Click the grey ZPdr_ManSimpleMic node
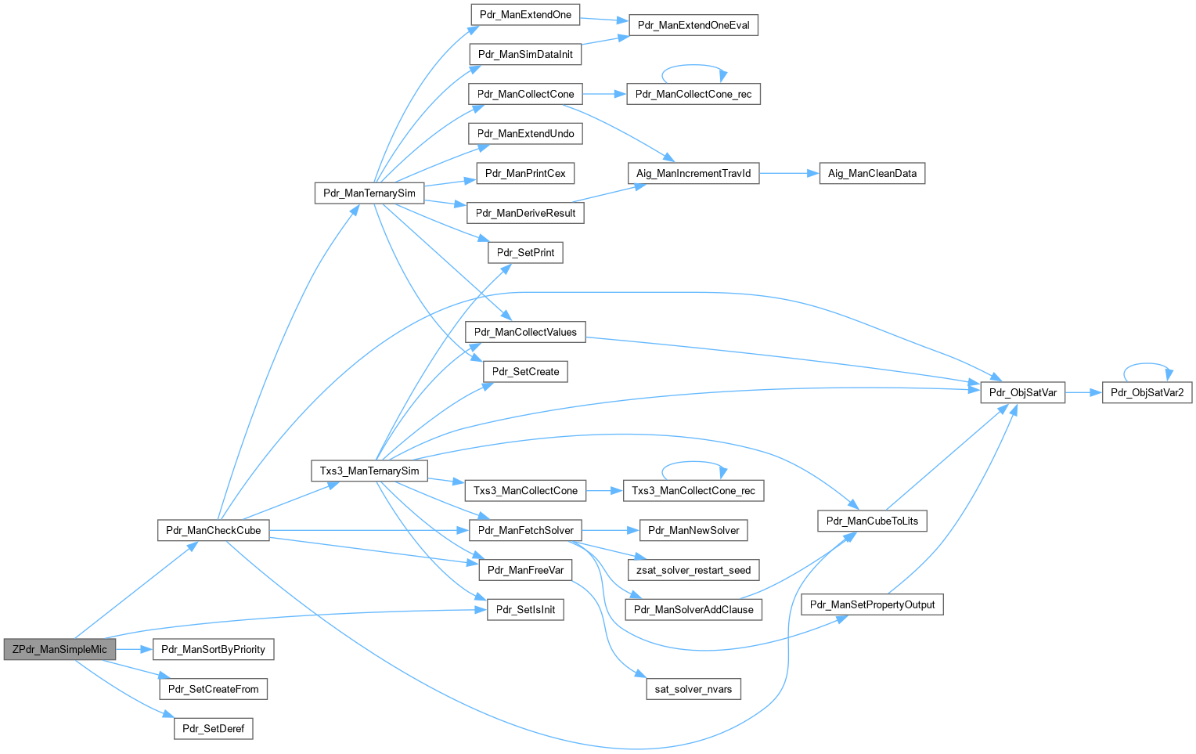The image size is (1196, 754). [59, 649]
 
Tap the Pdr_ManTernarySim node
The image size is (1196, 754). [369, 193]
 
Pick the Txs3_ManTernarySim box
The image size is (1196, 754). [369, 471]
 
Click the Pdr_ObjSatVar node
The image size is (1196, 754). [1022, 392]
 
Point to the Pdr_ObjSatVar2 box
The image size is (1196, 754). [1147, 392]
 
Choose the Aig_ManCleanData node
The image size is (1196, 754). [872, 173]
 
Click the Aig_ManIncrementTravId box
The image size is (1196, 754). [693, 173]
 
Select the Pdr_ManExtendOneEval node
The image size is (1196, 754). [693, 25]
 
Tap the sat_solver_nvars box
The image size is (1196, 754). [693, 689]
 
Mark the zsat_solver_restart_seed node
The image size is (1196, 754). [693, 570]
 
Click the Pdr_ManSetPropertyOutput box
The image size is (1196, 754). [872, 604]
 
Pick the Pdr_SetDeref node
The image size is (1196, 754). [213, 728]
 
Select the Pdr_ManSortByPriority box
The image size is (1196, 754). [213, 649]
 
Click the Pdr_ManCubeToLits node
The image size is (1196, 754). [872, 521]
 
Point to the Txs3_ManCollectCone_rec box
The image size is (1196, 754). [693, 490]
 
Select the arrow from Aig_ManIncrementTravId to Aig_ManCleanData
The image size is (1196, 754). [788, 173]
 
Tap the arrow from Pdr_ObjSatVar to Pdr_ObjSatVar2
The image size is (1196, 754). [1083, 392]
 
